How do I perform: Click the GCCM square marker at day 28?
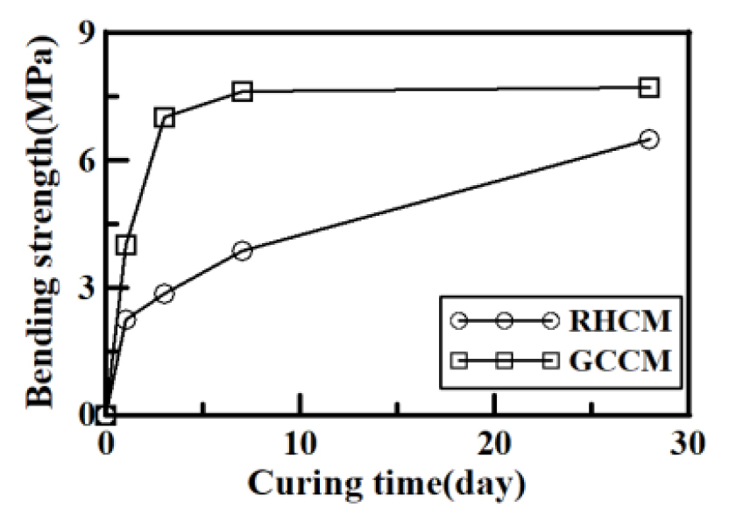(x=649, y=87)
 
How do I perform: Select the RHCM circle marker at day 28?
(x=649, y=139)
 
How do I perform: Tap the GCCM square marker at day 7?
(x=243, y=90)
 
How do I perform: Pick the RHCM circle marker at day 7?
(x=243, y=250)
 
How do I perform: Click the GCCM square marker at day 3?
(x=165, y=117)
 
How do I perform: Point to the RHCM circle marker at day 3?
(x=165, y=293)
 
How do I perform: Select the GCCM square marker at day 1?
(x=126, y=245)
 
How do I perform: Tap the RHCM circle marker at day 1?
(x=126, y=320)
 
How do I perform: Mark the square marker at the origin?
(x=106, y=415)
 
